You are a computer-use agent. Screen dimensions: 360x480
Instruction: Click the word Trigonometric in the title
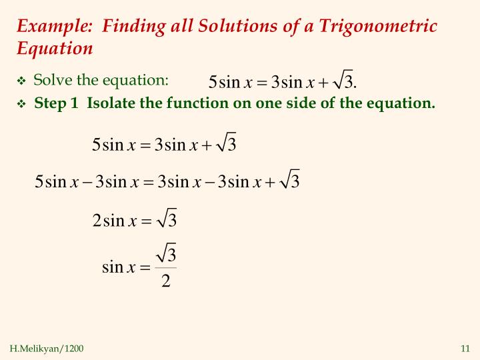[378, 27]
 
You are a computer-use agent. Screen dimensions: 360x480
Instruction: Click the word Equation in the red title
[55, 49]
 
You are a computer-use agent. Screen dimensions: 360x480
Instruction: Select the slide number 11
[465, 349]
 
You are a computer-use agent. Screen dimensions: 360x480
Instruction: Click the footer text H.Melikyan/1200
[47, 349]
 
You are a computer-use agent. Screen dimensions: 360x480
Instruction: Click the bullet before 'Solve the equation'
[21, 82]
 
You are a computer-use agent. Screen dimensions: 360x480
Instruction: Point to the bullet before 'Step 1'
[21, 105]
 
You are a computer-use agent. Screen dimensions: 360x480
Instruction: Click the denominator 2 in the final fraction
[165, 282]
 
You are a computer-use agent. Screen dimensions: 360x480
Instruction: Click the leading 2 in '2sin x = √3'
[97, 221]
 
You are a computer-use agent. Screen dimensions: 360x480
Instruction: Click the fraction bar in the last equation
[165, 268]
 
